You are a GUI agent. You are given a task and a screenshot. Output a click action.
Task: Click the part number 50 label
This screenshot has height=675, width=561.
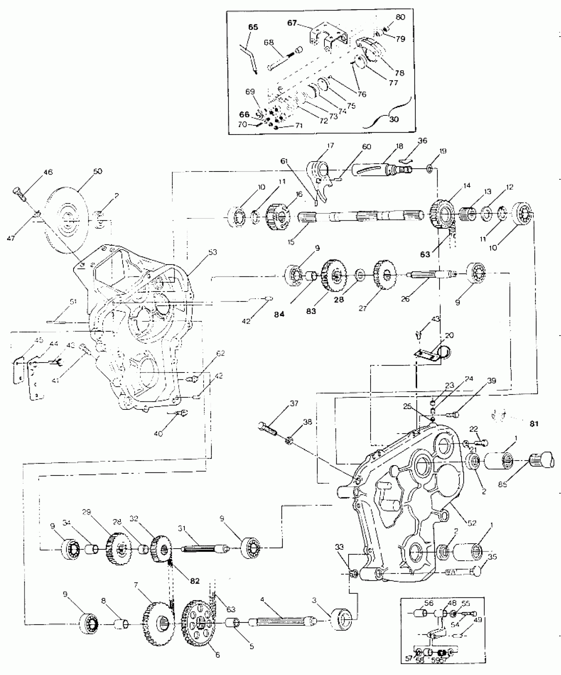click(98, 171)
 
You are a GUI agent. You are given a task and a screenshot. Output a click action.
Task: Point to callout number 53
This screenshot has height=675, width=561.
click(213, 252)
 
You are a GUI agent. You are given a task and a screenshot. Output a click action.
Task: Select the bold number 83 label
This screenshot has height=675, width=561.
click(311, 311)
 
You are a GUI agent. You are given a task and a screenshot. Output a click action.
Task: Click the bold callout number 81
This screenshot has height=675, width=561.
click(534, 424)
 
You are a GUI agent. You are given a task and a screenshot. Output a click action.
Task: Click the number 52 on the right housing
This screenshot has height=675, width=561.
click(472, 523)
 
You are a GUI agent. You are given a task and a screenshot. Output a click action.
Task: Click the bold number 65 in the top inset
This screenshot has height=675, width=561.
click(253, 27)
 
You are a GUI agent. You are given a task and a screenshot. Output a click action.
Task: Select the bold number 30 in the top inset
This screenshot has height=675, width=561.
click(394, 119)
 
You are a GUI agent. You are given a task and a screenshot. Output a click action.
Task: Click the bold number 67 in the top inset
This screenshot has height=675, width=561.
click(292, 23)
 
